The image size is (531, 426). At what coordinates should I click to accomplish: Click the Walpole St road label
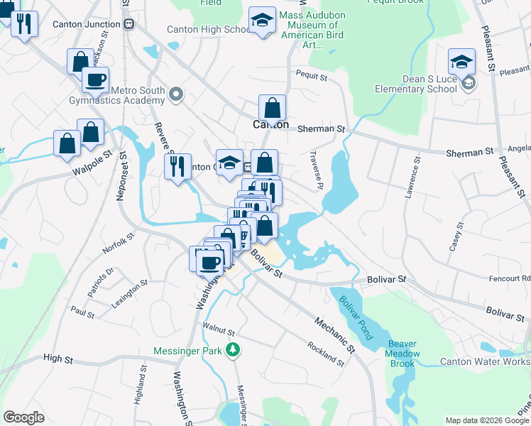pyautogui.click(x=93, y=163)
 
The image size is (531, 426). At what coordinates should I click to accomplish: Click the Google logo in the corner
pyautogui.click(x=23, y=417)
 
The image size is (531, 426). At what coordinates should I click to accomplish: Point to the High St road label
pyautogui.click(x=58, y=360)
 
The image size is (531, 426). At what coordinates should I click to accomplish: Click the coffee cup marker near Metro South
pyautogui.click(x=95, y=80)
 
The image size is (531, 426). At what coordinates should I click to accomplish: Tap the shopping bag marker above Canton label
pyautogui.click(x=272, y=109)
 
